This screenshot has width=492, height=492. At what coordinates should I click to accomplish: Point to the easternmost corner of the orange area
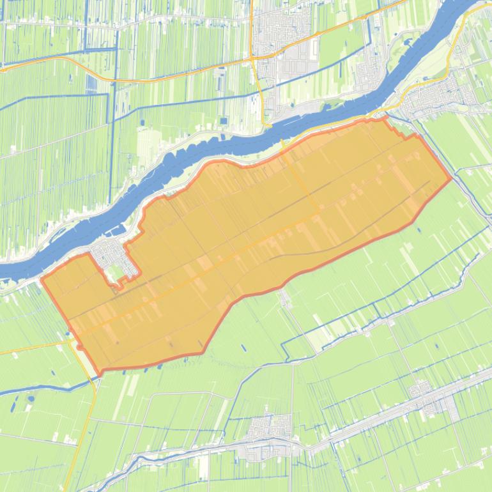click(452, 178)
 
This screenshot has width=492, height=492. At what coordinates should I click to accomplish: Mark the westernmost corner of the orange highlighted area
click(42, 279)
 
